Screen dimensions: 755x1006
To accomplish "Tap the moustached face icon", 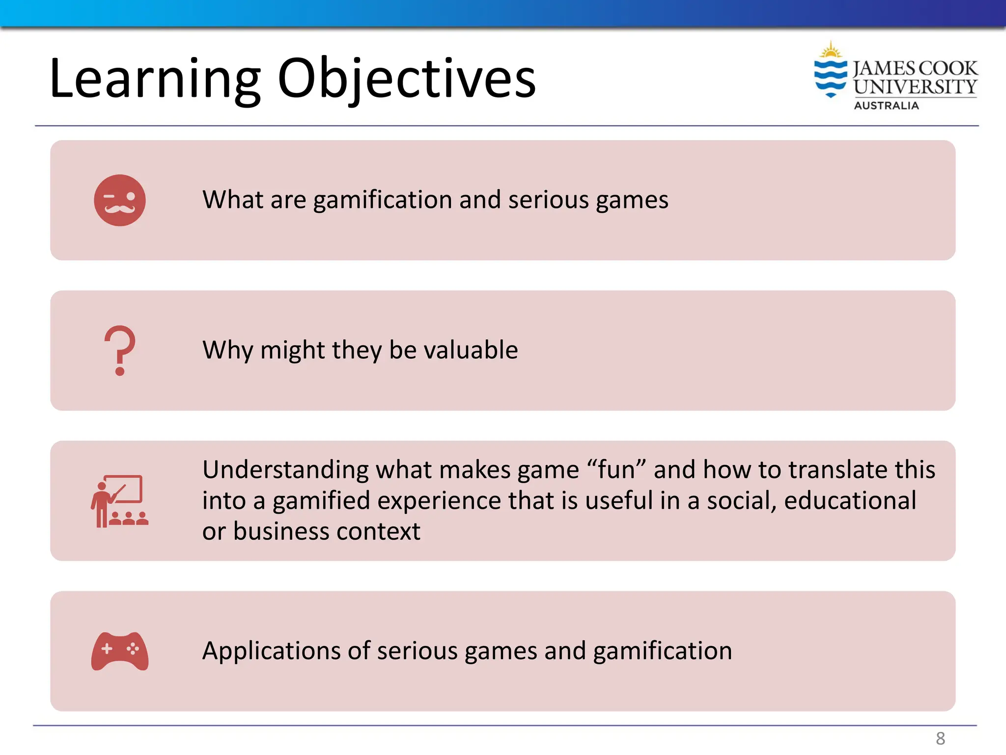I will [120, 201].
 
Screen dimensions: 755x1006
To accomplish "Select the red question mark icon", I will [120, 350].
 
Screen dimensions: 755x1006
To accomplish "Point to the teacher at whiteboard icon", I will [119, 501].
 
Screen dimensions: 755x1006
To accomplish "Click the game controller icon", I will [120, 651].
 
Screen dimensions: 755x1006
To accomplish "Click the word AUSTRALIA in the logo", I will [886, 106].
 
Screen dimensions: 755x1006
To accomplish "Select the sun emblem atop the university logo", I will [831, 51].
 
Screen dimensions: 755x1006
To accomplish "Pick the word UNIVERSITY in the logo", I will [915, 87].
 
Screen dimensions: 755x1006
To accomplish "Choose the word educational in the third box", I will [850, 501].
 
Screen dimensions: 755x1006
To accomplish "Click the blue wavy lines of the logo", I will [831, 78].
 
